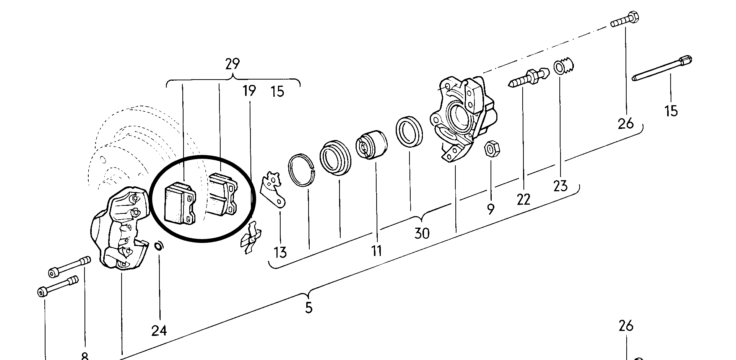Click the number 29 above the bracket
[x=232, y=64]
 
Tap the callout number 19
[x=249, y=91]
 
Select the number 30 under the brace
[x=422, y=233]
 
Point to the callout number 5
[x=309, y=308]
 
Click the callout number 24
[x=159, y=331]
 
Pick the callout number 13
[x=280, y=252]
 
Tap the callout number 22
[x=523, y=199]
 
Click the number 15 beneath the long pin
[x=671, y=111]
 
